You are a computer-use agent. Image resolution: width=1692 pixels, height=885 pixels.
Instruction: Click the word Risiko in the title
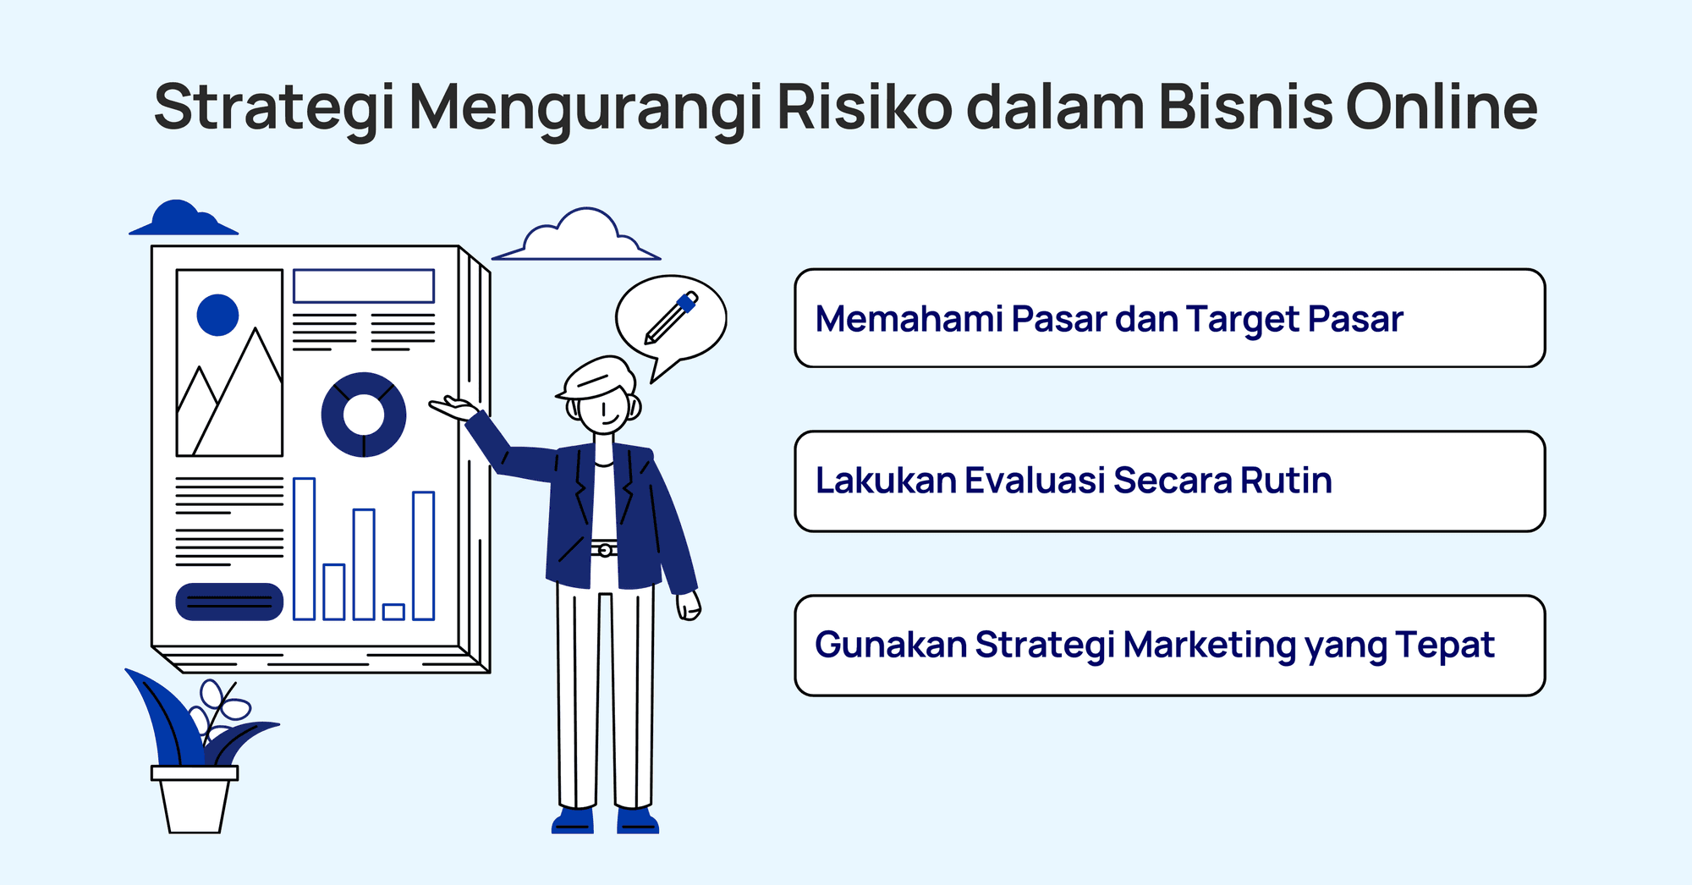[864, 107]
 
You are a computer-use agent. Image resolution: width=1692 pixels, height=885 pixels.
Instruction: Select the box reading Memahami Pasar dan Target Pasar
[1169, 318]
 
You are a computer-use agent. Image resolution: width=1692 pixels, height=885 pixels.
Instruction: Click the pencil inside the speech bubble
[672, 317]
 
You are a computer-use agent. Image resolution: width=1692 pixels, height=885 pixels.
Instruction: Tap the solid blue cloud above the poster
[181, 220]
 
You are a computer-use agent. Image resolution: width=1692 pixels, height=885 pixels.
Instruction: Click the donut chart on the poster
[364, 415]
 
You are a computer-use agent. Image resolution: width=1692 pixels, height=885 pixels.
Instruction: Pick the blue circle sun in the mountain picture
[217, 315]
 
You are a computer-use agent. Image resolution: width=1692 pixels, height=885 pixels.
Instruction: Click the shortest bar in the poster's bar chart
[393, 611]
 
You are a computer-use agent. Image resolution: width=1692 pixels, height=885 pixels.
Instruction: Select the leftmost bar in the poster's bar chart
[304, 548]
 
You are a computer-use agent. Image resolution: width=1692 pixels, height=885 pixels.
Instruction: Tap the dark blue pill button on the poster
[229, 602]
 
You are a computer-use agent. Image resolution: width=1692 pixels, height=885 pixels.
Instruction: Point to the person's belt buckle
[605, 551]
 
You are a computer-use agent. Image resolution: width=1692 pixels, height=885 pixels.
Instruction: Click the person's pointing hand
[453, 409]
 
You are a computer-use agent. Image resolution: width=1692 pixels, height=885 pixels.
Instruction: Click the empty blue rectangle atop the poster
[364, 286]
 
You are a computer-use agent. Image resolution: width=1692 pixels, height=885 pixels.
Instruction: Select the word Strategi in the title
[275, 107]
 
